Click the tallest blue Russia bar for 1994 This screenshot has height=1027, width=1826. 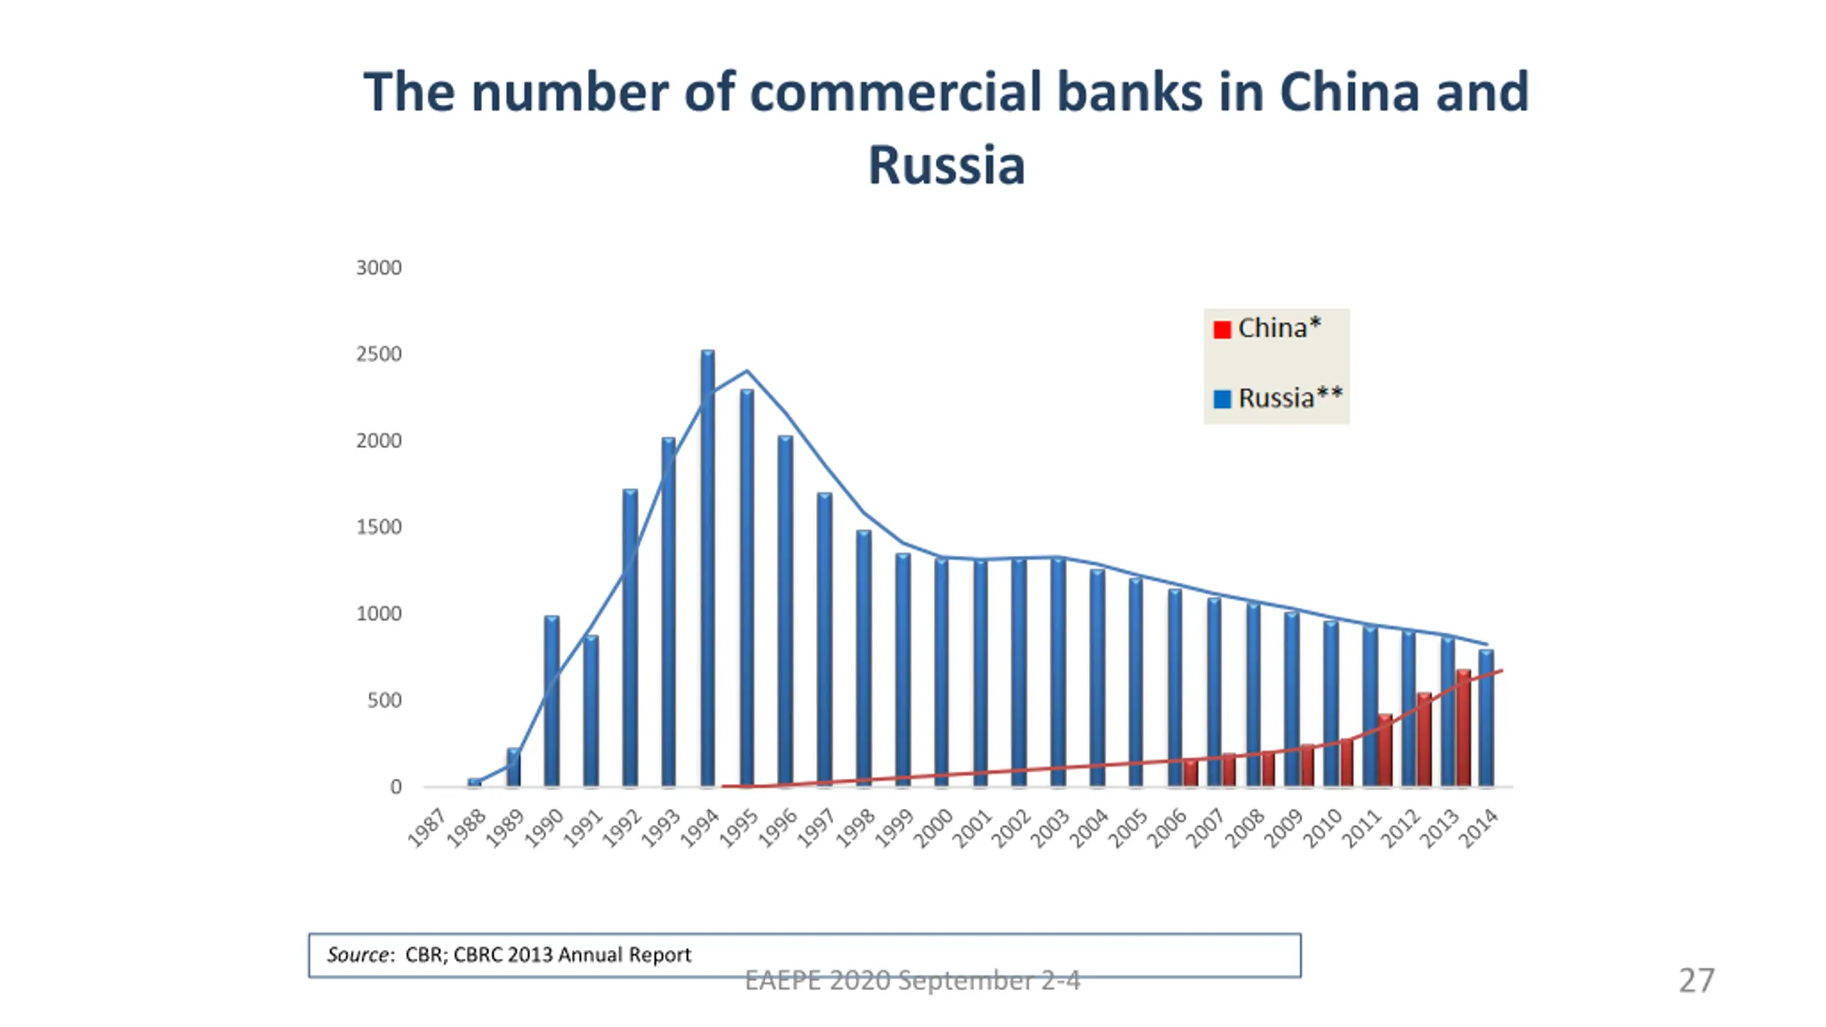pos(708,571)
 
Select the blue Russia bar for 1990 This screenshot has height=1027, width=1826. pos(551,702)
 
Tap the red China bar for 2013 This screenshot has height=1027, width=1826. pos(1463,727)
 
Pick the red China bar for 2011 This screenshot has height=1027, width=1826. pos(1384,750)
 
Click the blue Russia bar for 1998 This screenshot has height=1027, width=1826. pos(863,660)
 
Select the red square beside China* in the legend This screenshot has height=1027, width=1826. pos(1222,329)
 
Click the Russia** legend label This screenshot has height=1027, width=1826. pos(1290,398)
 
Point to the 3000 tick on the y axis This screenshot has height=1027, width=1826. pos(379,268)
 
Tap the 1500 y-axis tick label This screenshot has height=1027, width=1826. pos(379,528)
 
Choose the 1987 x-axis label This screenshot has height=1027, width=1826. pos(427,828)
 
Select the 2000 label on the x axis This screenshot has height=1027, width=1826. pos(933,828)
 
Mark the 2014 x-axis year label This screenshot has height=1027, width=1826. pos(1479,828)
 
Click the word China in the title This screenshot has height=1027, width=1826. pos(1349,93)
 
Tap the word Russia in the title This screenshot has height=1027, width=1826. pos(947,165)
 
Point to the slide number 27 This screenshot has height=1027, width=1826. pos(1696,981)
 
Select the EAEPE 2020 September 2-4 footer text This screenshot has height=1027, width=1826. pos(912,981)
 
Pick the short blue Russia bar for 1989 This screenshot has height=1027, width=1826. pos(513,768)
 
